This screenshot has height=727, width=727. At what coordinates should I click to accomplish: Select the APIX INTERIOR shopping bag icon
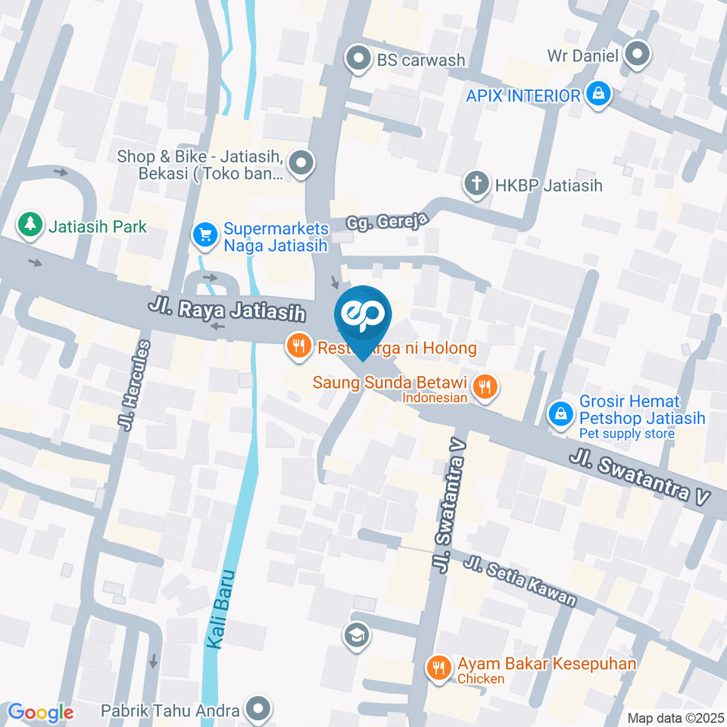point(599,95)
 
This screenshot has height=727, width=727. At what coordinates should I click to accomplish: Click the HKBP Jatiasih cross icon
point(476,184)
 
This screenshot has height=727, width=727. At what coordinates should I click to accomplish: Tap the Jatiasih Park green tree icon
point(30,224)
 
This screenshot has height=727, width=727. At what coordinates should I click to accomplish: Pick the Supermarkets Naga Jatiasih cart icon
point(204,234)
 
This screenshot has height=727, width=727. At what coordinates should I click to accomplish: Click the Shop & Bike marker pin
point(302,163)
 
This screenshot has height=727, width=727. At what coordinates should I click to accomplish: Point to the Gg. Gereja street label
point(388,221)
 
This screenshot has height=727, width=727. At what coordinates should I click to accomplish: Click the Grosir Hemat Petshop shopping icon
point(561,413)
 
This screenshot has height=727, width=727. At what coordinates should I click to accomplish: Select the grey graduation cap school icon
point(356,635)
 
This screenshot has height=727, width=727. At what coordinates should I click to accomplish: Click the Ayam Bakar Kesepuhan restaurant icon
point(438,667)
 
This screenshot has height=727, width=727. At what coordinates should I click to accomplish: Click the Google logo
point(41,713)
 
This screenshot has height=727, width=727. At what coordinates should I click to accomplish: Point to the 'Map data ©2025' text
point(675,718)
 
